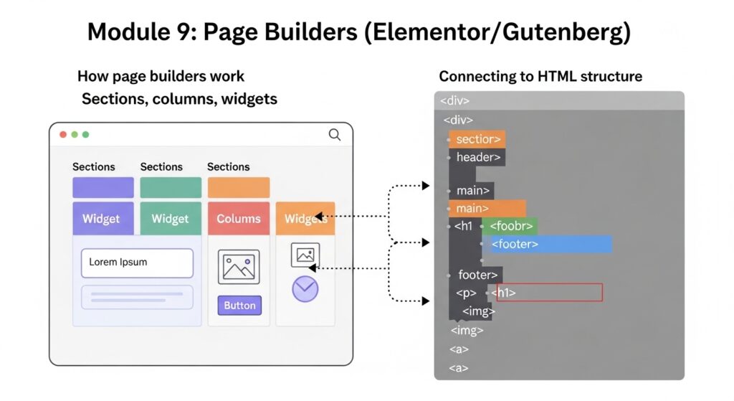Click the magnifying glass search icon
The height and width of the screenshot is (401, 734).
(x=334, y=134)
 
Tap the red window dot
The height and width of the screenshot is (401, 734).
(x=63, y=134)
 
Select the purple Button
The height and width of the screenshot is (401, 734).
(x=239, y=305)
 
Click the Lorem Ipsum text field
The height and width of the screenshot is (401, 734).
(x=137, y=263)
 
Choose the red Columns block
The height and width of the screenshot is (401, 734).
(x=239, y=218)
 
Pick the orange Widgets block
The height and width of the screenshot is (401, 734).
(x=305, y=219)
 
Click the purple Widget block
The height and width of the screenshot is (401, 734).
(x=103, y=218)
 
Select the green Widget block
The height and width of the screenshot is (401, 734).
(x=171, y=218)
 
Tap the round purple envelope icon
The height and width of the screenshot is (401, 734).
(x=305, y=288)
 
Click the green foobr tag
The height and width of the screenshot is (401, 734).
(x=510, y=226)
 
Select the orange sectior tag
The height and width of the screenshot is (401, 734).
(x=477, y=139)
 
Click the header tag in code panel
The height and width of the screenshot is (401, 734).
(x=477, y=157)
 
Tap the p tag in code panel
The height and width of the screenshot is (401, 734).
(x=467, y=293)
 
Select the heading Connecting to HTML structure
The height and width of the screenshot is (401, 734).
(x=540, y=76)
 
